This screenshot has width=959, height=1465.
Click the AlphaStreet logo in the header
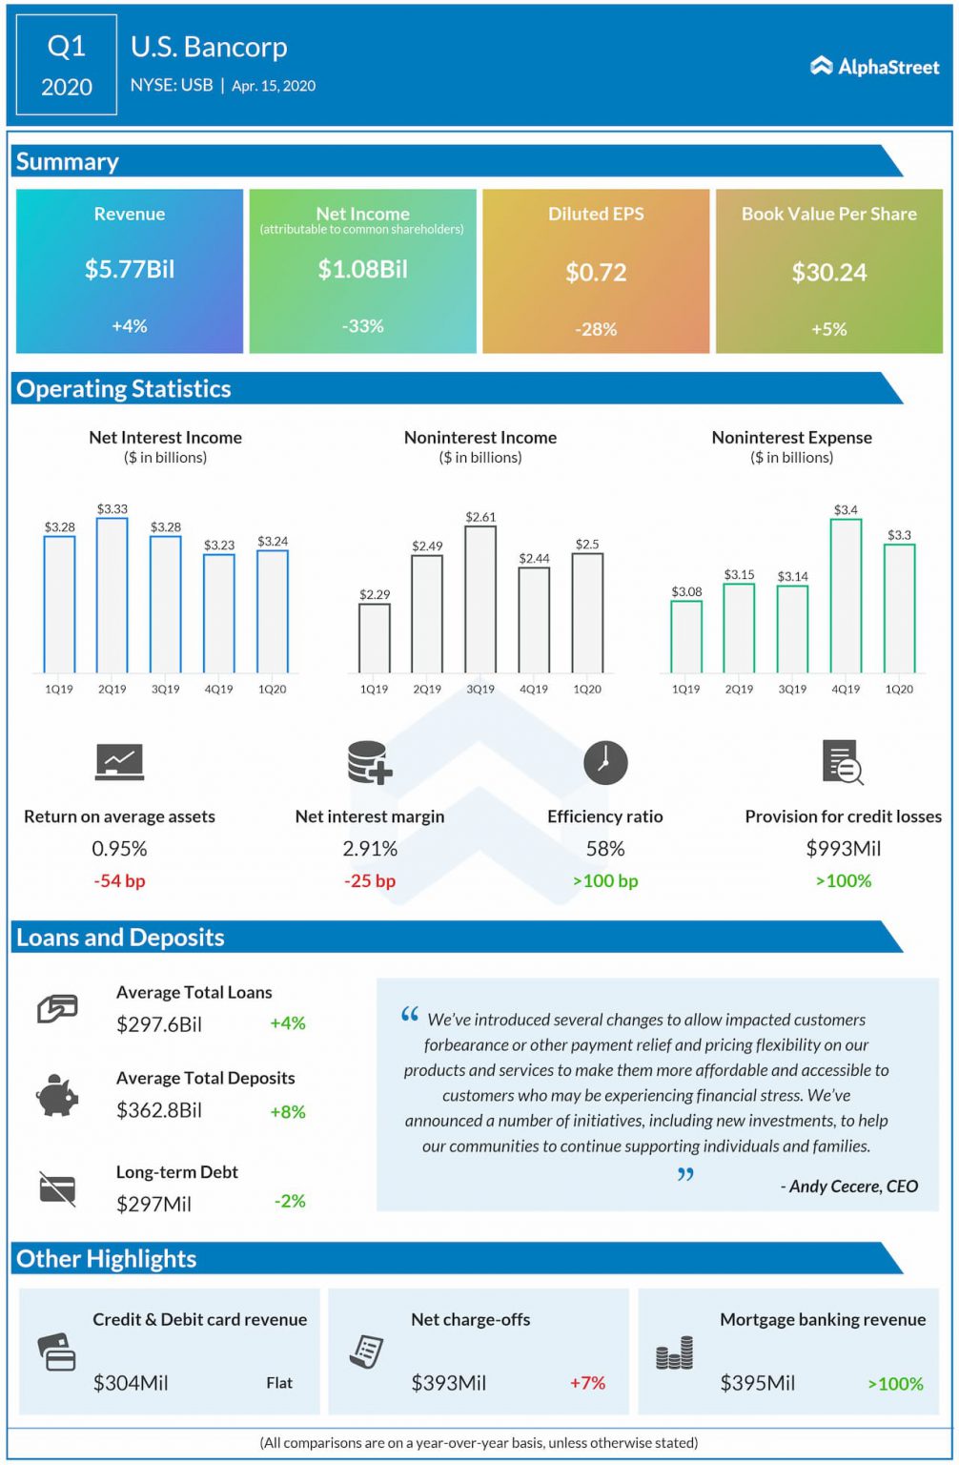click(x=874, y=66)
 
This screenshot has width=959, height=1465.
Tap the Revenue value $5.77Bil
click(x=130, y=270)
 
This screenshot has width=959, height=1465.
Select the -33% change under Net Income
click(x=362, y=326)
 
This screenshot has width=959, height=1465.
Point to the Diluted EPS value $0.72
click(x=596, y=273)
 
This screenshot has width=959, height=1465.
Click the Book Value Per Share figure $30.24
click(x=828, y=273)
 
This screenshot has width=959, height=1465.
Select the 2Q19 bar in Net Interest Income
click(x=112, y=595)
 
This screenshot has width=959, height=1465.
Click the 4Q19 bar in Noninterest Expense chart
click(x=846, y=596)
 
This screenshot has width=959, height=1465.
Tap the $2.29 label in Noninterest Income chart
click(x=375, y=594)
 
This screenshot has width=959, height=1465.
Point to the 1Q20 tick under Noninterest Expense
click(x=899, y=689)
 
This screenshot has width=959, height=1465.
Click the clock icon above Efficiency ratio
click(x=605, y=763)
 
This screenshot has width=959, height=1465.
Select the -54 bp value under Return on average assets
click(x=119, y=880)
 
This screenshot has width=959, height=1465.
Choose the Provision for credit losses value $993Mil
click(x=843, y=848)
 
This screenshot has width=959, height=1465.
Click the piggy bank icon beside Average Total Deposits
click(x=57, y=1095)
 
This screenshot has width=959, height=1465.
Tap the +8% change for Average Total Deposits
click(x=288, y=1111)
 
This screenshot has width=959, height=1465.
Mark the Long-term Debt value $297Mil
click(x=153, y=1204)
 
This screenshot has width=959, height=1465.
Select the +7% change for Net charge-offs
click(x=587, y=1383)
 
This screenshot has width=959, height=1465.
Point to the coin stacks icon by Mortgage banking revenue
click(x=674, y=1353)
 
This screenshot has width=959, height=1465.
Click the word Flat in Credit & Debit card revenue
click(x=279, y=1383)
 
